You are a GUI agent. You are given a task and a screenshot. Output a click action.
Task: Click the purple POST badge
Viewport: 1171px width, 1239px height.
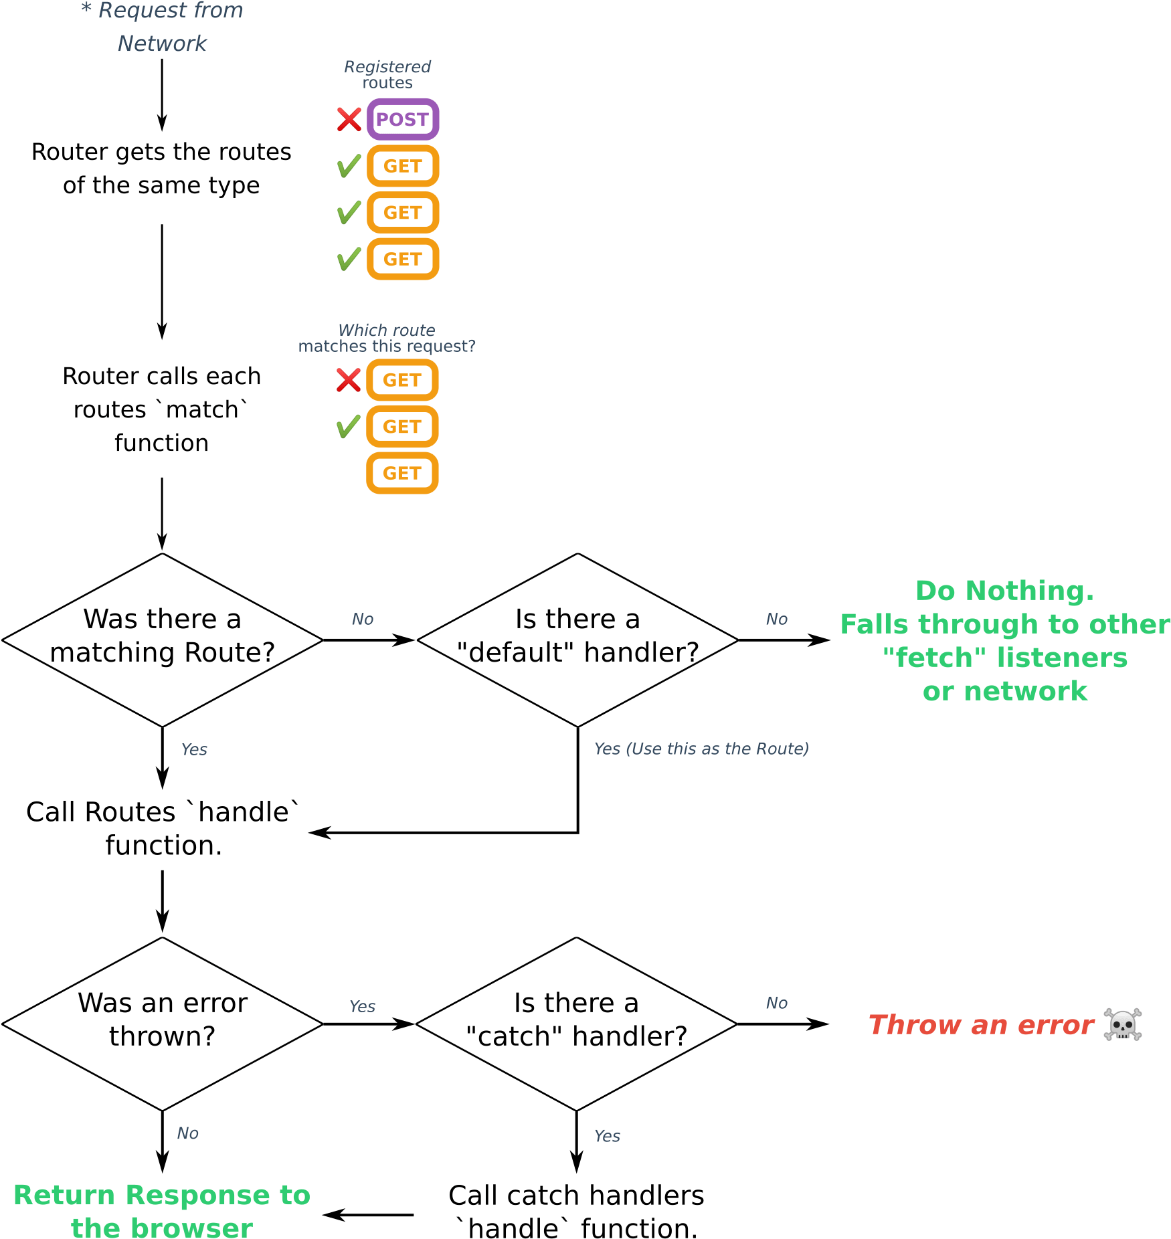tap(402, 119)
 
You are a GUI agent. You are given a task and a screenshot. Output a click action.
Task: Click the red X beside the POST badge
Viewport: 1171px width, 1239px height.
tap(349, 119)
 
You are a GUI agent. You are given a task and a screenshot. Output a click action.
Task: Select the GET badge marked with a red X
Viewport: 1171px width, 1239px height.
tap(402, 380)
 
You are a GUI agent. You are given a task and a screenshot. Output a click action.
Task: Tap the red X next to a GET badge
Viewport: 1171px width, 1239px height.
tap(348, 380)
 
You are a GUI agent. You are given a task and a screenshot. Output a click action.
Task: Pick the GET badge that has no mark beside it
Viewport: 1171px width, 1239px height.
tap(402, 473)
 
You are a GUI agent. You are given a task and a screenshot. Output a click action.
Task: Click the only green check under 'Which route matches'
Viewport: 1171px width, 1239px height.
tap(348, 426)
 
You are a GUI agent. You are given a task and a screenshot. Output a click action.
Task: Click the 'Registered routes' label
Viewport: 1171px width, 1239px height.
tap(387, 74)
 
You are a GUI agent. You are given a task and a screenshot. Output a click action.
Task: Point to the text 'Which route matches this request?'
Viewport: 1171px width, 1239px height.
tap(387, 338)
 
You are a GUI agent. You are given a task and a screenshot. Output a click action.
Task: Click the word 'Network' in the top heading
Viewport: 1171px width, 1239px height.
tap(163, 43)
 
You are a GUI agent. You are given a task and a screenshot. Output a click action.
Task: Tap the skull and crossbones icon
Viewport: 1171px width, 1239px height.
tap(1122, 1024)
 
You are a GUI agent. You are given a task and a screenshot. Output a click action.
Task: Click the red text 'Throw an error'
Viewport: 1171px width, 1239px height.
tap(981, 1024)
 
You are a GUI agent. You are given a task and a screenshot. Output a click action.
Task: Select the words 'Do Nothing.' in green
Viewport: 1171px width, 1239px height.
tap(1004, 591)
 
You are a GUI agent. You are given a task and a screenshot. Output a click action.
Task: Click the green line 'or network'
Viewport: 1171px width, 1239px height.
tap(1004, 691)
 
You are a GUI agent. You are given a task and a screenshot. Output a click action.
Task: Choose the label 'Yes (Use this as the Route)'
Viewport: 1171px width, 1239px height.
tap(701, 749)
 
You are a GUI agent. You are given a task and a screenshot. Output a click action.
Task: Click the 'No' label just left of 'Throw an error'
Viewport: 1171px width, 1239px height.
tap(776, 1003)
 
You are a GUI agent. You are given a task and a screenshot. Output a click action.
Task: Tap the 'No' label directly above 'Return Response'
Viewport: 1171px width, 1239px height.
tap(187, 1133)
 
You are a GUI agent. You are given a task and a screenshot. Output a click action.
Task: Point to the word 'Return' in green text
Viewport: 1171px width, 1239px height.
tap(64, 1195)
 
